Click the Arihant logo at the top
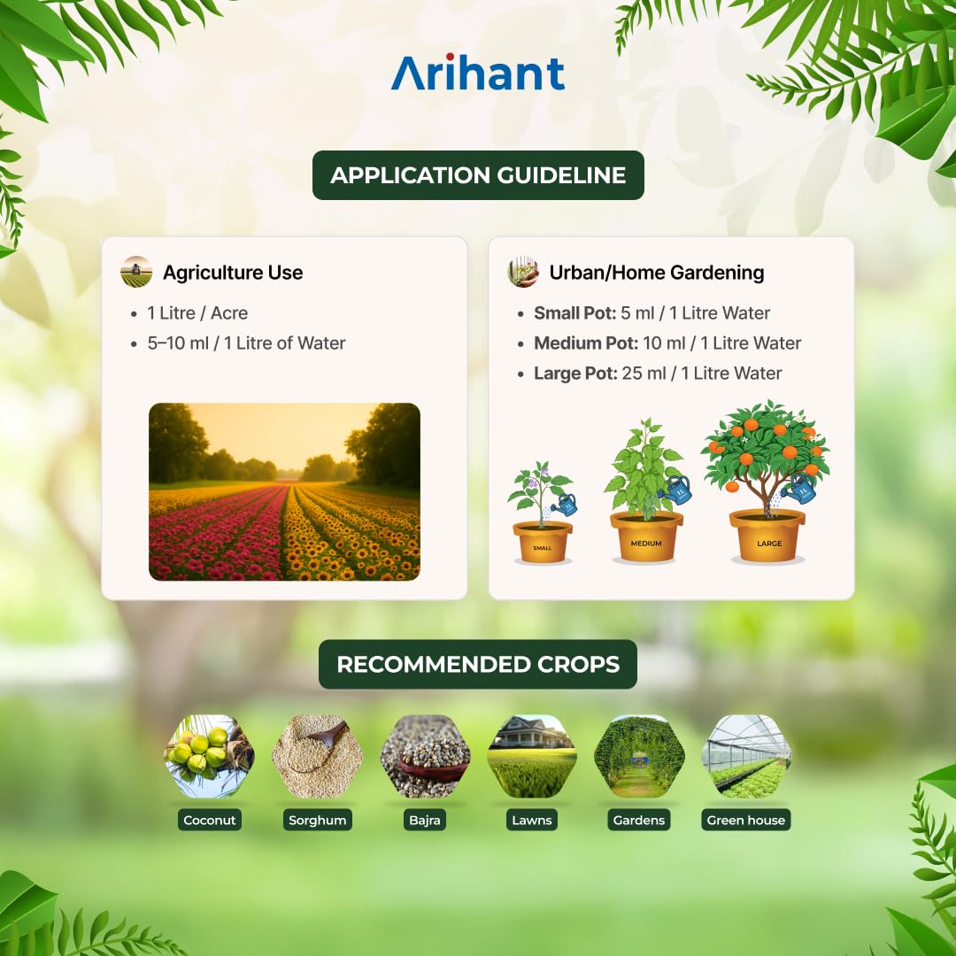(478, 72)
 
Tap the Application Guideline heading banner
(478, 175)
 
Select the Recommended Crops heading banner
(478, 664)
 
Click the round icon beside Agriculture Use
(136, 272)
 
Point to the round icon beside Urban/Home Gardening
(523, 272)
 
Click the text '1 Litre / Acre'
(197, 312)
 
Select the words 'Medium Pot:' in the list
(586, 343)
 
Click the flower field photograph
(284, 491)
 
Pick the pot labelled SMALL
(542, 542)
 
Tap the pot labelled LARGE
(767, 536)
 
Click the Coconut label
(210, 820)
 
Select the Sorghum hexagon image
(317, 757)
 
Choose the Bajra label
(424, 820)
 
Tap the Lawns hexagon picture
(532, 757)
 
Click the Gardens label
(639, 820)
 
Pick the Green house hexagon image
(746, 757)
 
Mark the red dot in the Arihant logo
(450, 58)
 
